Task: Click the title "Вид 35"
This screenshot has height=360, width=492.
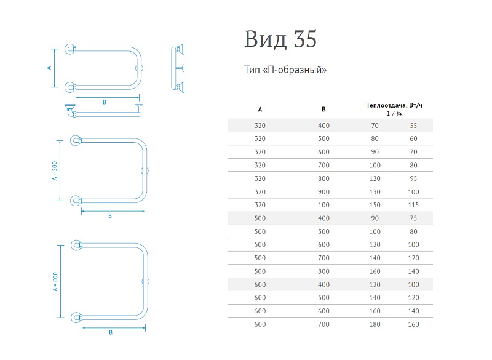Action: (280, 39)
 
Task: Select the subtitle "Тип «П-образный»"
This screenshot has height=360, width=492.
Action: (285, 70)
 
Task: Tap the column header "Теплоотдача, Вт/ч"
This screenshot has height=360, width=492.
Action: (394, 105)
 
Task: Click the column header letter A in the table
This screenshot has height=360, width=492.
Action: (260, 109)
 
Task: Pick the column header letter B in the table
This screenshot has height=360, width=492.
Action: (323, 109)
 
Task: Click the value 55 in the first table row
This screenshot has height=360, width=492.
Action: (413, 126)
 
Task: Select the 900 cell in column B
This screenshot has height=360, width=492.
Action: (323, 192)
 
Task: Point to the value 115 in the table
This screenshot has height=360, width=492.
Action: (413, 205)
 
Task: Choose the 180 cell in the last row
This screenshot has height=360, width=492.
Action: (375, 324)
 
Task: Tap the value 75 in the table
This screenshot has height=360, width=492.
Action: (413, 218)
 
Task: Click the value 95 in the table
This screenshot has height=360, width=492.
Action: (413, 178)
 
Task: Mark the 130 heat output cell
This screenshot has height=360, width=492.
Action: (375, 192)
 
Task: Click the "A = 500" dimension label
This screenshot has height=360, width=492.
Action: (55, 170)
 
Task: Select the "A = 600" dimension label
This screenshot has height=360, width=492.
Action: (55, 281)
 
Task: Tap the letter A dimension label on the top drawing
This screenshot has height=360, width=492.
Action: (49, 68)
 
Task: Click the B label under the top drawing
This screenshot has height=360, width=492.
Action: (105, 102)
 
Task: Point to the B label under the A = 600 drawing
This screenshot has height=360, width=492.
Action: (111, 332)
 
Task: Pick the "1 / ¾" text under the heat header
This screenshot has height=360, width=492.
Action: (394, 113)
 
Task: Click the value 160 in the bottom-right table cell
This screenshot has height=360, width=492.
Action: (413, 324)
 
